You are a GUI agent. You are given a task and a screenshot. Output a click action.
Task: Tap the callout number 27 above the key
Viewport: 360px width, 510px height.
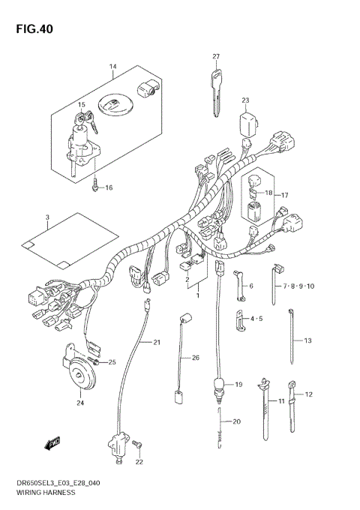click(x=215, y=57)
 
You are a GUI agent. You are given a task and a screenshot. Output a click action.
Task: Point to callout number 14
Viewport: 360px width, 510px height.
click(x=112, y=67)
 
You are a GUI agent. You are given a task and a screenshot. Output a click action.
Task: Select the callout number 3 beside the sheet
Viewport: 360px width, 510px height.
click(x=46, y=218)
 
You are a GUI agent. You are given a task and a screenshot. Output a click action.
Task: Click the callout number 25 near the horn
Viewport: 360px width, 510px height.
click(x=113, y=362)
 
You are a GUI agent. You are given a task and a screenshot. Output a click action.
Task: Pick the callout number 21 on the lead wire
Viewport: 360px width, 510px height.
click(x=157, y=343)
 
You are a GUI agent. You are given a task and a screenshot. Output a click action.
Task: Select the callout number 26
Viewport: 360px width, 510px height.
click(x=195, y=358)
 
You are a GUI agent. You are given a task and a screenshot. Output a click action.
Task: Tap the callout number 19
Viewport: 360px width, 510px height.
click(x=238, y=384)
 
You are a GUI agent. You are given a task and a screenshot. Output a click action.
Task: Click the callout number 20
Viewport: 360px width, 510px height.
click(x=236, y=421)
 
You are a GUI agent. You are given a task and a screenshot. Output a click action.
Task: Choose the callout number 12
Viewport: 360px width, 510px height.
click(x=308, y=394)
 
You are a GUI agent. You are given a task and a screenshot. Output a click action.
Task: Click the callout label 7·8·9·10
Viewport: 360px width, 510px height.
click(x=299, y=286)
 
